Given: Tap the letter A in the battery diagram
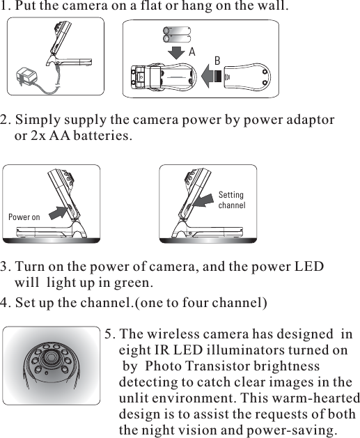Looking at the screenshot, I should coord(191,52).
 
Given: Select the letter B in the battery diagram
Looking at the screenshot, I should coord(217,61).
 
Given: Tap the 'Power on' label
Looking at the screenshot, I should coord(24,217).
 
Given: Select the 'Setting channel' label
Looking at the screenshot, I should coord(231,201).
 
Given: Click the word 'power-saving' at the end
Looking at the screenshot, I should coord(292,430).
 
